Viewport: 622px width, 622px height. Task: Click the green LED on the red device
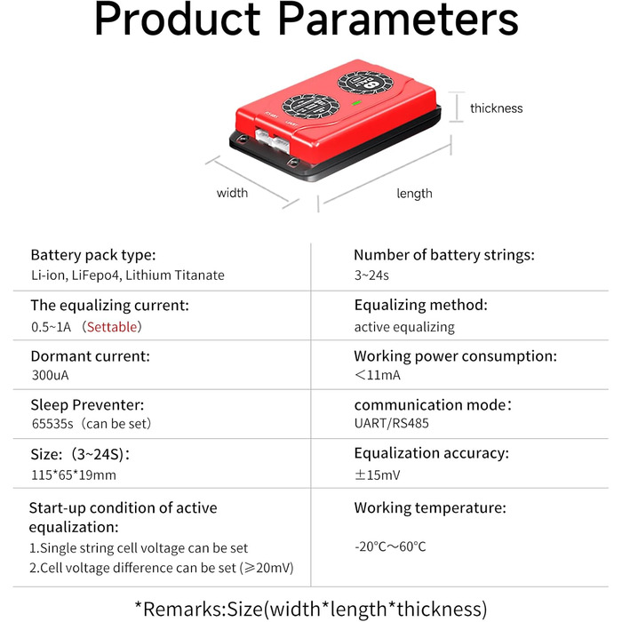[356, 103]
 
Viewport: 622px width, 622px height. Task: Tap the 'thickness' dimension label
[496, 108]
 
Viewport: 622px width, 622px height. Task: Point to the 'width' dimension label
[232, 193]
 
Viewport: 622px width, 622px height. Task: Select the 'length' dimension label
[415, 194]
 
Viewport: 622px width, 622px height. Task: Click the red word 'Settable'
[112, 327]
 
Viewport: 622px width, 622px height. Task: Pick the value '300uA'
[51, 375]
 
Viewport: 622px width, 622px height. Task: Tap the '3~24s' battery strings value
[371, 275]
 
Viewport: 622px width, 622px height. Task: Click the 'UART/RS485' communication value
[392, 423]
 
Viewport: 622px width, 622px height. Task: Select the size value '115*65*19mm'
[74, 474]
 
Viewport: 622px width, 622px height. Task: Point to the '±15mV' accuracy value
[378, 474]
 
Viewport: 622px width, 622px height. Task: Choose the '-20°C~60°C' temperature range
[390, 546]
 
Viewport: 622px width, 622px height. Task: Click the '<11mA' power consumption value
[378, 375]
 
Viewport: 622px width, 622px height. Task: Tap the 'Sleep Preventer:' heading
[87, 405]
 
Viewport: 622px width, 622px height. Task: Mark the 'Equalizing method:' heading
[421, 305]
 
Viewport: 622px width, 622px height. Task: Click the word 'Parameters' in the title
[398, 19]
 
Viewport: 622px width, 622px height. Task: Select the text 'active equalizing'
[404, 327]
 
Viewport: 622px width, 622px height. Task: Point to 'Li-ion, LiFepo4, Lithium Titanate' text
[128, 275]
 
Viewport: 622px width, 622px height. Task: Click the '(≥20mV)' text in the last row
[267, 568]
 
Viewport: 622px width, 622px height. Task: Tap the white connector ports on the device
[273, 140]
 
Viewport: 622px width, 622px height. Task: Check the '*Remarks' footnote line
[311, 609]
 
